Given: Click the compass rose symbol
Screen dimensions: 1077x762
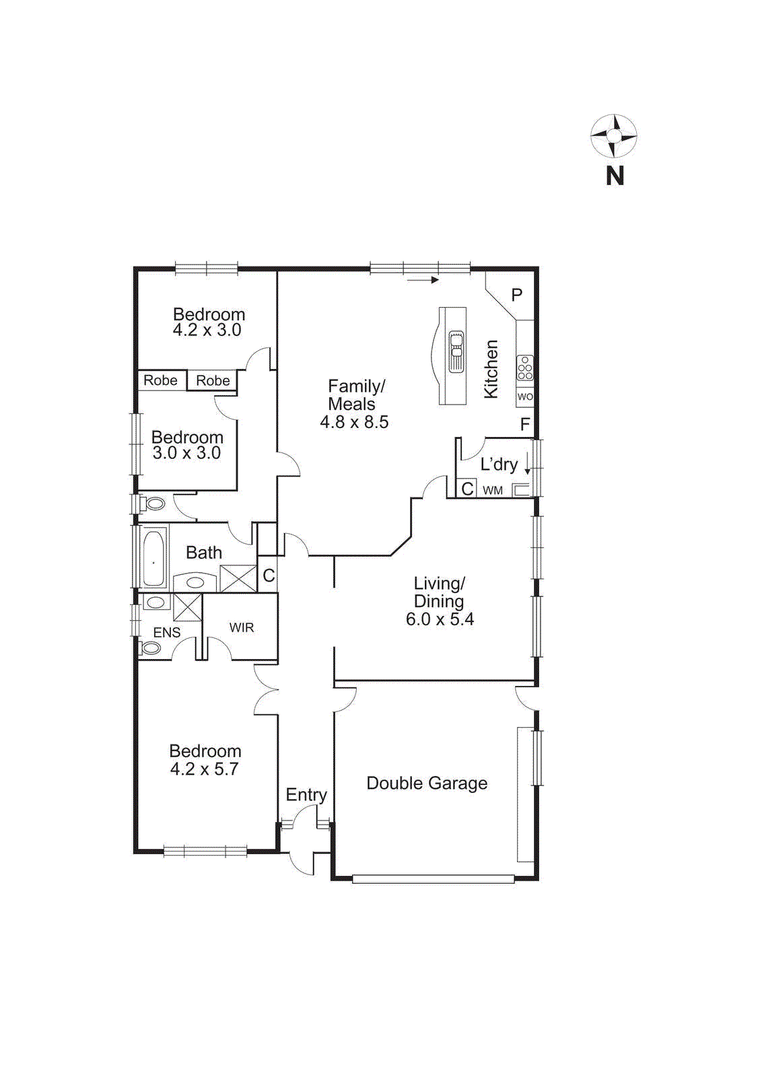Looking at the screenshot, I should click(x=613, y=136).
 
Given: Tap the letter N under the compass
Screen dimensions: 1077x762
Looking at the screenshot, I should click(x=615, y=176).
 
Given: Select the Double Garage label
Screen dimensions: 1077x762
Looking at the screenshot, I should click(x=427, y=783).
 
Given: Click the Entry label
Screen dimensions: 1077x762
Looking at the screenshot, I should click(x=306, y=795).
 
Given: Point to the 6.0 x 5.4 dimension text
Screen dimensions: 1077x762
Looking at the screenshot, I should click(x=440, y=619).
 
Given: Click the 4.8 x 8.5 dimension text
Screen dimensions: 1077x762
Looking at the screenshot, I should click(x=354, y=422).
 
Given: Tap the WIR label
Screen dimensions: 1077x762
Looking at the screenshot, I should click(x=241, y=627).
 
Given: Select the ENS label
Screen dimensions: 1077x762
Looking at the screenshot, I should click(x=166, y=633).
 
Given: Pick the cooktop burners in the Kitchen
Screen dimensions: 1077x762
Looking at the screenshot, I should click(x=525, y=368).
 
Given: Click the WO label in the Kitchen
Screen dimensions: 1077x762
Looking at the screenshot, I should click(x=525, y=397).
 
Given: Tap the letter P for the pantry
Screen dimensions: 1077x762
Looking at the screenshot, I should click(x=517, y=295).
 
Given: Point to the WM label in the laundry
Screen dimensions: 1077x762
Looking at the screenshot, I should click(x=493, y=491).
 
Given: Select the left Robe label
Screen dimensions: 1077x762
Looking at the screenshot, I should click(x=160, y=380).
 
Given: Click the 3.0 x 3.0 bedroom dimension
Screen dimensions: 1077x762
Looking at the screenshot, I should click(x=186, y=453).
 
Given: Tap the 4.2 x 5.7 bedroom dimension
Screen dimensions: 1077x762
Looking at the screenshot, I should click(x=204, y=769).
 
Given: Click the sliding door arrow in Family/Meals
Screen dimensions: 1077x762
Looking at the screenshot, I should click(x=423, y=279).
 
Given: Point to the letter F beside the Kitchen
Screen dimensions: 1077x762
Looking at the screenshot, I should click(x=525, y=425).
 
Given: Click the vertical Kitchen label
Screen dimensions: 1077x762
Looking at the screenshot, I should click(x=491, y=369).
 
